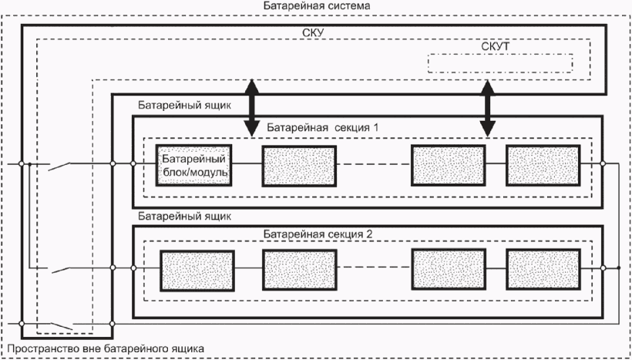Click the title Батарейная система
[x=317, y=6]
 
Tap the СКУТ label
[x=495, y=47]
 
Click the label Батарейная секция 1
[x=323, y=129]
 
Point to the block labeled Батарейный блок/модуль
[x=194, y=165]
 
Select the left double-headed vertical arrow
[x=251, y=108]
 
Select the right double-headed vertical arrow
[x=488, y=108]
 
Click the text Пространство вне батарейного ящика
[x=106, y=348]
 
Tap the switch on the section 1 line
[x=59, y=166]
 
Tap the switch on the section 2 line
[x=62, y=270]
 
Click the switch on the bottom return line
[x=62, y=326]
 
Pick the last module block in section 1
[x=543, y=165]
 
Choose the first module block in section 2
[x=197, y=271]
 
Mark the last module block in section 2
[x=543, y=269]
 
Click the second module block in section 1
[x=299, y=166]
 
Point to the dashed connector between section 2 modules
[x=374, y=267]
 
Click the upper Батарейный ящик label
[x=185, y=106]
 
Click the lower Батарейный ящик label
[x=185, y=217]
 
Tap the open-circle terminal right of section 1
[x=603, y=163]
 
